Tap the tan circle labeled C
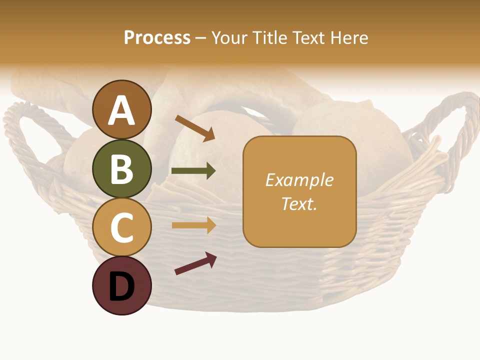click(x=122, y=227)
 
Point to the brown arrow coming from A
click(x=195, y=128)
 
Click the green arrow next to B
click(x=193, y=171)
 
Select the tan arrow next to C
click(x=193, y=225)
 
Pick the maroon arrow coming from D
click(x=195, y=263)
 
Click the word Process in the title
click(x=157, y=37)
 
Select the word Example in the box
click(x=299, y=180)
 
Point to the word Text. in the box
click(x=299, y=203)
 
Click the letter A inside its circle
click(x=122, y=110)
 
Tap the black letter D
click(x=122, y=286)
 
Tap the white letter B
click(x=122, y=169)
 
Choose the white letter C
click(x=122, y=227)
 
